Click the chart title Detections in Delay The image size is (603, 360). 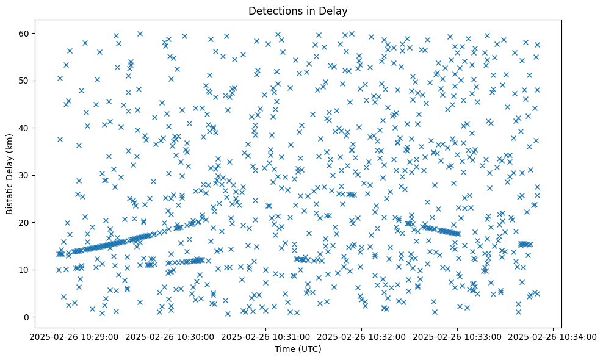(298, 10)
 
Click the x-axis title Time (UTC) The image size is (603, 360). (298, 349)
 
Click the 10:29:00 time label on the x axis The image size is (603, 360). (75, 336)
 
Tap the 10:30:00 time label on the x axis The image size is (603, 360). (171, 336)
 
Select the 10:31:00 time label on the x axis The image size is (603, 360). (267, 336)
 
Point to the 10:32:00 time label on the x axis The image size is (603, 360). (363, 336)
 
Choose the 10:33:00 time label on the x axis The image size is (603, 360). (458, 336)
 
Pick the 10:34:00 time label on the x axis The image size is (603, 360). (554, 336)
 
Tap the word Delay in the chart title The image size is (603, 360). (336, 10)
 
